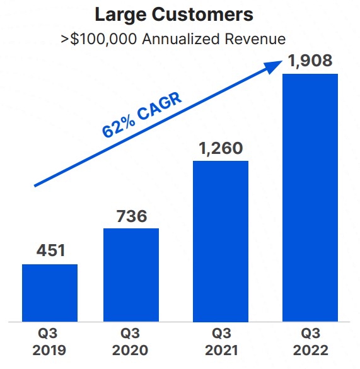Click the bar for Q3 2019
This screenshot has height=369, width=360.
(x=50, y=293)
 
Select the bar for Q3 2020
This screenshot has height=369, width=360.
(x=131, y=274)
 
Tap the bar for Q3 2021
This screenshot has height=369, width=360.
(x=221, y=241)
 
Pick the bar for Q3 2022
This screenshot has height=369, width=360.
(x=310, y=197)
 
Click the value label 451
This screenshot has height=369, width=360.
(x=50, y=250)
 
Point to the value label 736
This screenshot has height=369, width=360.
(x=131, y=216)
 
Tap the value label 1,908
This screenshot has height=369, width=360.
(x=310, y=62)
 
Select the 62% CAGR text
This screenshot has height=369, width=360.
(x=142, y=115)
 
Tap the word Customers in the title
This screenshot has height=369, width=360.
(x=201, y=15)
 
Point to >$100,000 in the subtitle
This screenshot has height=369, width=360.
(x=99, y=39)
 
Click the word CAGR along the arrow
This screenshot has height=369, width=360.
(x=160, y=105)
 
